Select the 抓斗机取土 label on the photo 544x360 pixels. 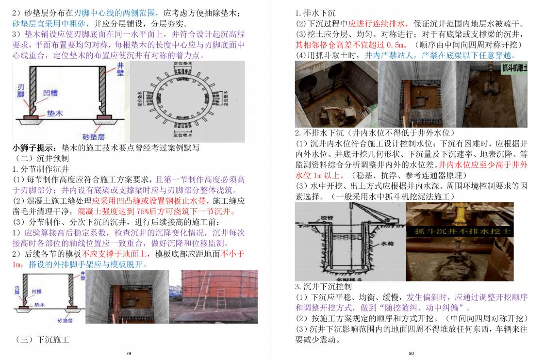pyautogui.click(x=512, y=67)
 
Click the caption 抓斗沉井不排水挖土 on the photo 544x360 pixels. pyautogui.click(x=460, y=232)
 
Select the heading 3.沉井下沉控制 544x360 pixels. pyautogui.click(x=324, y=286)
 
